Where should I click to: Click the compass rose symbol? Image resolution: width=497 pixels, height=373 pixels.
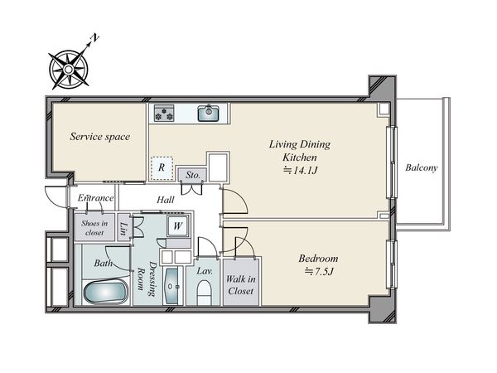coord(69,69)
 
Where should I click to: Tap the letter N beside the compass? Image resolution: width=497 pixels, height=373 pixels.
coord(94,38)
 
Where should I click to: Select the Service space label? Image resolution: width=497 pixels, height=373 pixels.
coord(100,137)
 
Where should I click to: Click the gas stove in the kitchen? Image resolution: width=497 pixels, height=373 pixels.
coord(164,114)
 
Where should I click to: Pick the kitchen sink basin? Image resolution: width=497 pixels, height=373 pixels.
coord(208,114)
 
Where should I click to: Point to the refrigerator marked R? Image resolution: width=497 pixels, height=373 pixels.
coord(162,167)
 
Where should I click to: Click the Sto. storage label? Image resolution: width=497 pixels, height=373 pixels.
coord(193,175)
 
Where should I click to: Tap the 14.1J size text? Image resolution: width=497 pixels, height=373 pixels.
coord(300,171)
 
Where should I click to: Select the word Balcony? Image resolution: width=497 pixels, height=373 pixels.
coord(422,167)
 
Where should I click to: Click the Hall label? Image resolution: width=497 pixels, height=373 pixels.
coord(166,200)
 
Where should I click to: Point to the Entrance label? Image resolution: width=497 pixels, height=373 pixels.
coord(96,198)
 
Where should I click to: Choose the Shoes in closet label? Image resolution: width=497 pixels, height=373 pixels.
coord(94,228)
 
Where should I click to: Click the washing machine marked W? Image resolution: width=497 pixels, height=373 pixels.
coord(178,225)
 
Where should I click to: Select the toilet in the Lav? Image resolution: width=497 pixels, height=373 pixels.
coord(204,293)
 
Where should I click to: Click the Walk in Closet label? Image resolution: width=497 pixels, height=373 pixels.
coord(241,285)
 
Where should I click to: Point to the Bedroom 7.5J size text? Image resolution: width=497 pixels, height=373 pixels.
coord(319,272)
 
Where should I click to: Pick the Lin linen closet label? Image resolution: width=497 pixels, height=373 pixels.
coord(124,228)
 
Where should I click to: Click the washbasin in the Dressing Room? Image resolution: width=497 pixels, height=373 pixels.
coord(172,287)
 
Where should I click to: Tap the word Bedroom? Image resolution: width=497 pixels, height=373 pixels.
coord(318,259)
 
